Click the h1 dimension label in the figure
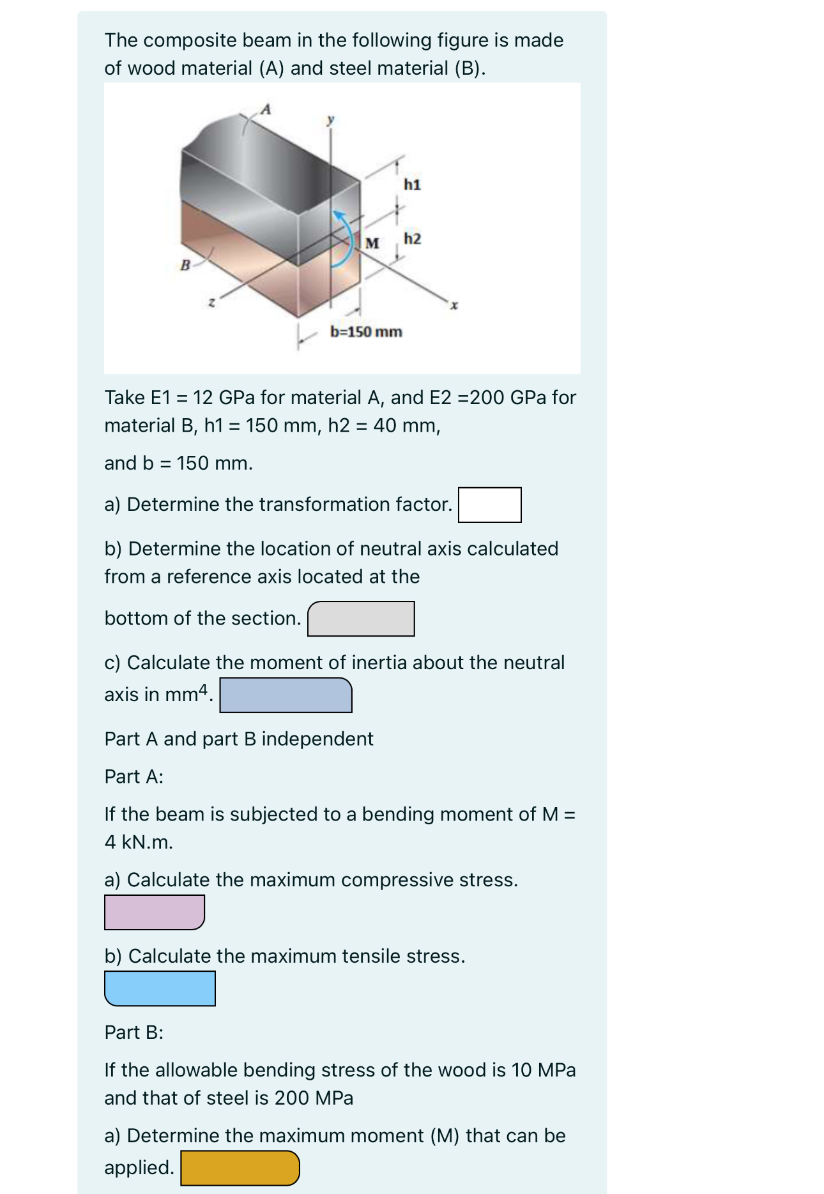[412, 185]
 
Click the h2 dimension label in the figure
[412, 239]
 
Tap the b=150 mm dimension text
[366, 331]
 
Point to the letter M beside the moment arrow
[372, 243]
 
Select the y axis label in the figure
[330, 119]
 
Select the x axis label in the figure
[454, 306]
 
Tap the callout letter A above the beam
[266, 109]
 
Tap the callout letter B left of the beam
[185, 264]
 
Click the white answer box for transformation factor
[489, 505]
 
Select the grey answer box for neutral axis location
[361, 619]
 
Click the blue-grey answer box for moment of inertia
[286, 695]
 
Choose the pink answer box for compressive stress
[154, 912]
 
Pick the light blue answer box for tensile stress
[160, 988]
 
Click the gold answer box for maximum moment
[240, 1168]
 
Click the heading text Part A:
[134, 776]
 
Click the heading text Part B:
[134, 1032]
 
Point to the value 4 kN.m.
[139, 842]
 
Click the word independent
[317, 739]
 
